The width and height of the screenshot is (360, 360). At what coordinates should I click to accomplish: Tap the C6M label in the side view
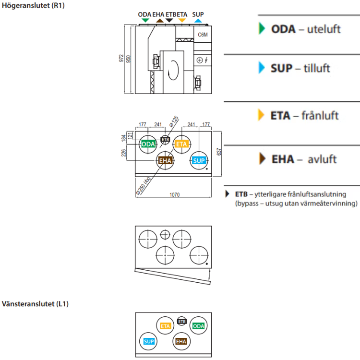click(203, 35)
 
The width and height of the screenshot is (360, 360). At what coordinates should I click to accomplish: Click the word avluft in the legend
click(322, 159)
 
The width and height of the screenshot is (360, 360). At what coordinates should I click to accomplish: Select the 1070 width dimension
click(174, 195)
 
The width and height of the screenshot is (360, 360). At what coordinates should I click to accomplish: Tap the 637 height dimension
click(219, 152)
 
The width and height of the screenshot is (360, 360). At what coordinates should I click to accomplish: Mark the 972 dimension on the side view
click(122, 59)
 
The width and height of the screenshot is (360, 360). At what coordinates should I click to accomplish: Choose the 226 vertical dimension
click(124, 153)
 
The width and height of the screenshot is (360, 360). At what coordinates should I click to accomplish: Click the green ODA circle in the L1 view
click(198, 326)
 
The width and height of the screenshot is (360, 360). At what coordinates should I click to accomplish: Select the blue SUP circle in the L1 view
click(149, 341)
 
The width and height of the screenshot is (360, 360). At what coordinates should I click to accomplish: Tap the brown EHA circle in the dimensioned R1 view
click(166, 160)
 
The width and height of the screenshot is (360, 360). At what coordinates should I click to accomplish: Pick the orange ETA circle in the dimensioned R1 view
click(181, 144)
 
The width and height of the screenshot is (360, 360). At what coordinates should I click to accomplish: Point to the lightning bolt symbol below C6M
click(206, 60)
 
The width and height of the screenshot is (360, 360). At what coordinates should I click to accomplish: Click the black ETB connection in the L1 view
click(182, 320)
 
